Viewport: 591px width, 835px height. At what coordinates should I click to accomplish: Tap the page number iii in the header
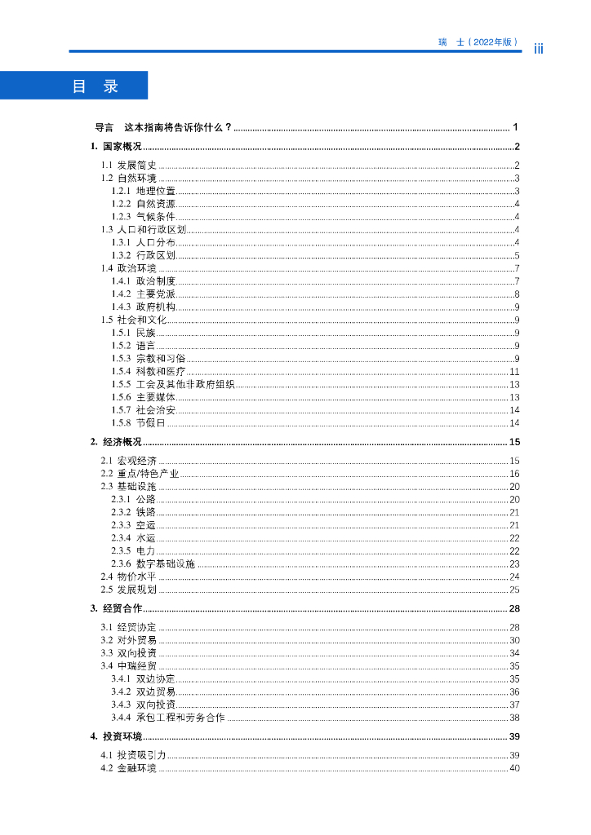(x=539, y=48)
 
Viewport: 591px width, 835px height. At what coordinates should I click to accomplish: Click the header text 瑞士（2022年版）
(x=478, y=42)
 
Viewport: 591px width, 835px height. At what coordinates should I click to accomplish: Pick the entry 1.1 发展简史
(x=128, y=166)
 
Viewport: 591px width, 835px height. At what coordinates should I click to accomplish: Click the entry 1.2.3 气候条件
(x=144, y=216)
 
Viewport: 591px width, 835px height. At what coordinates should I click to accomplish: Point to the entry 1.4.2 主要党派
(x=144, y=294)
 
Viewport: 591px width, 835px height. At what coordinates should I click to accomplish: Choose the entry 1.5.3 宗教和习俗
(x=149, y=358)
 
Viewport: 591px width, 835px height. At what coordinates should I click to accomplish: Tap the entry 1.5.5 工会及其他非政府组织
(x=173, y=384)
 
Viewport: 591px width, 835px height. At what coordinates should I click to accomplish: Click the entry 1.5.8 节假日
(x=139, y=422)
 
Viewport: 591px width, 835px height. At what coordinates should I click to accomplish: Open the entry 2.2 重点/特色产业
(x=140, y=474)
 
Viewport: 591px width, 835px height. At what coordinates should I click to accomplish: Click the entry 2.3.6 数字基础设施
(x=153, y=563)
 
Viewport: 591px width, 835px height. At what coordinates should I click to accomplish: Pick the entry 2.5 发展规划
(x=128, y=590)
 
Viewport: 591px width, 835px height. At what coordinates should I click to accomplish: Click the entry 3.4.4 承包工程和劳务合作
(x=168, y=718)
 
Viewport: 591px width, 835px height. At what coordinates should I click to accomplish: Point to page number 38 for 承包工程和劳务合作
(x=514, y=718)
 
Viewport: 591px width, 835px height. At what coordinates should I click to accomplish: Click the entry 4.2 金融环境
(x=128, y=768)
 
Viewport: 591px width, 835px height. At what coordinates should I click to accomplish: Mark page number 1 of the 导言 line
(x=516, y=127)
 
